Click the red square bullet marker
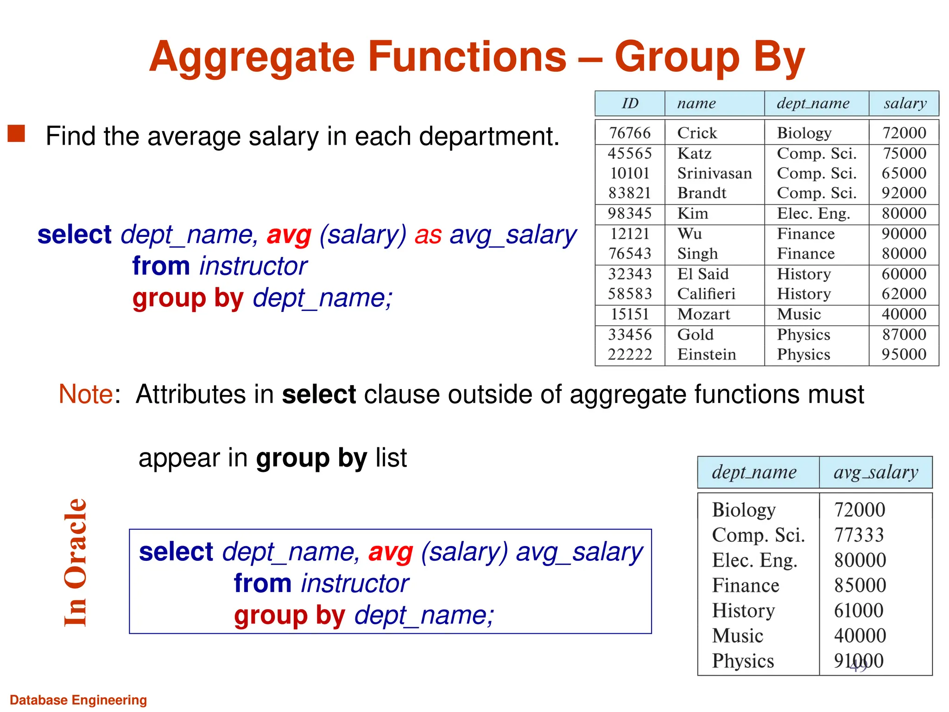[16, 133]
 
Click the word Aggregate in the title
[253, 57]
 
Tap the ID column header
[630, 103]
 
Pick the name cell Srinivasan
[714, 173]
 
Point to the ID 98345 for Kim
[629, 214]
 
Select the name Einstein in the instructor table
[706, 355]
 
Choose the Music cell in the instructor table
[799, 314]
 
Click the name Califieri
[706, 294]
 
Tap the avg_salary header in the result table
[875, 472]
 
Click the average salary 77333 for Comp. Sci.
[859, 535]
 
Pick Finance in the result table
[746, 585]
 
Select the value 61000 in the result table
[859, 610]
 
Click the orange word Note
[86, 394]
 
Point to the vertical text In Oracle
[76, 562]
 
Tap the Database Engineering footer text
[78, 700]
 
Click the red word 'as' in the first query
[428, 235]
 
